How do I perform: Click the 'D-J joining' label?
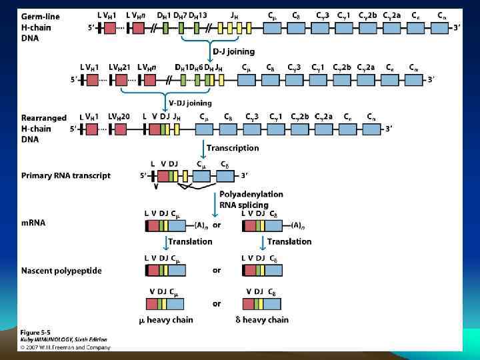pyautogui.click(x=233, y=52)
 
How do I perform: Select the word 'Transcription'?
pyautogui.click(x=233, y=147)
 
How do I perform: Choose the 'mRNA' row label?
pyautogui.click(x=33, y=223)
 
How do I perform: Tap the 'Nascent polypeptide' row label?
pyautogui.click(x=61, y=271)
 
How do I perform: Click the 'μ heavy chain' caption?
pyautogui.click(x=166, y=320)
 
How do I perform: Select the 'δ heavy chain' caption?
pyautogui.click(x=262, y=320)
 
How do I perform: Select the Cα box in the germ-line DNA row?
pyautogui.click(x=442, y=28)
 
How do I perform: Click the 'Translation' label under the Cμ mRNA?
pyautogui.click(x=190, y=241)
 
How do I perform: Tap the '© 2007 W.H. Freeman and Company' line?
pyautogui.click(x=64, y=346)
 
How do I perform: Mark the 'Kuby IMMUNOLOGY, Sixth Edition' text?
pyautogui.click(x=63, y=339)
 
